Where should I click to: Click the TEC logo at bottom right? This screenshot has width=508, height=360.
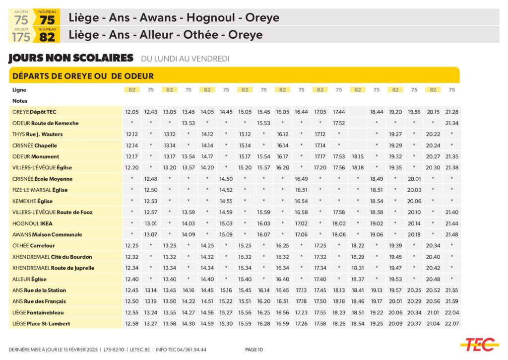point(479,343)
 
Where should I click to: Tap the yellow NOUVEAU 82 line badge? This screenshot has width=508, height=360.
point(47,35)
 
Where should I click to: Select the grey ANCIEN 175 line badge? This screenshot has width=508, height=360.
point(21,35)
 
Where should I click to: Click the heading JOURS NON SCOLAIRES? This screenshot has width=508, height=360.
point(71,58)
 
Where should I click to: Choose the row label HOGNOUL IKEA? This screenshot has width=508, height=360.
point(32,223)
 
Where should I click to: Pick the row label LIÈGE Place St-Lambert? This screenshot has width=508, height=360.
point(41,324)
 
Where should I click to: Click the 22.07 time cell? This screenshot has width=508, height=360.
point(451,324)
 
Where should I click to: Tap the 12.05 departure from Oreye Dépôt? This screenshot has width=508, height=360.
point(132,112)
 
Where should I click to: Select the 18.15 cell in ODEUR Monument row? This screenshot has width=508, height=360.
point(358,156)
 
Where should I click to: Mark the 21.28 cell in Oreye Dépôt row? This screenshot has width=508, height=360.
point(451,112)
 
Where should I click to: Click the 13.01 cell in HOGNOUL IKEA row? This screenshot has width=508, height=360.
point(151,223)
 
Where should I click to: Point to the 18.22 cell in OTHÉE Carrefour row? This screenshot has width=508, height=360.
point(358,246)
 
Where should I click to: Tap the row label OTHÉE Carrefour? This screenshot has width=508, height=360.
point(34,246)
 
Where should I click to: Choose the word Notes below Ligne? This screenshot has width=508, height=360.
point(19,101)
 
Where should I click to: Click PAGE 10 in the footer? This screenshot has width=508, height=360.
point(254,350)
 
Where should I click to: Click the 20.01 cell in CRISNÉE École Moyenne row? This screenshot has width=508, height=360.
point(414,179)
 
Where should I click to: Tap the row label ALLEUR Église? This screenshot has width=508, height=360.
point(29,279)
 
